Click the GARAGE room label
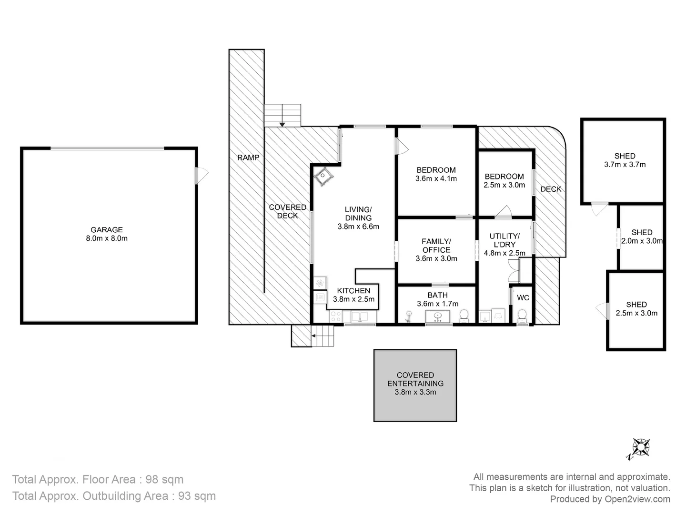[x=107, y=229]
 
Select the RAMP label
[x=248, y=158]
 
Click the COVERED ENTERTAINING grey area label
[x=415, y=379]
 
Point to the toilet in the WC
[x=522, y=316]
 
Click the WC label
[x=523, y=298]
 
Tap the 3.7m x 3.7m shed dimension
[x=625, y=165]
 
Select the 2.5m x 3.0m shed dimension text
[x=636, y=313]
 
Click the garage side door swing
[x=202, y=176]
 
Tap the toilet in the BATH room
[x=464, y=315]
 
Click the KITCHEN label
[x=353, y=291]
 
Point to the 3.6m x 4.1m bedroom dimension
[x=436, y=179]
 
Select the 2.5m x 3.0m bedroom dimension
[x=504, y=185]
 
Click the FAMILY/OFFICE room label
[x=436, y=246]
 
